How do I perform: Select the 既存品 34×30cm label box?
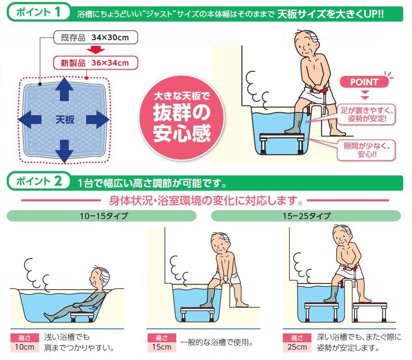coord(95,38)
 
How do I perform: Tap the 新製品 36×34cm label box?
coord(95,62)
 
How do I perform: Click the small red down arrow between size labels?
coord(95,50)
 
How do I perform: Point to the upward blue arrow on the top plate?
coord(64,89)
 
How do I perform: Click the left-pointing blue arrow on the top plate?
coord(30,119)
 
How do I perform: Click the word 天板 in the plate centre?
coord(64,120)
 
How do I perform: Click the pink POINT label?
coord(364,82)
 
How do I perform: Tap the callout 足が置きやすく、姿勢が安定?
coord(367,114)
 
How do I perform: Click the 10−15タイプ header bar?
coord(101,216)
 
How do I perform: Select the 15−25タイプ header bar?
coord(306,216)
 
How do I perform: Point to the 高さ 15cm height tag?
coord(161,342)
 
